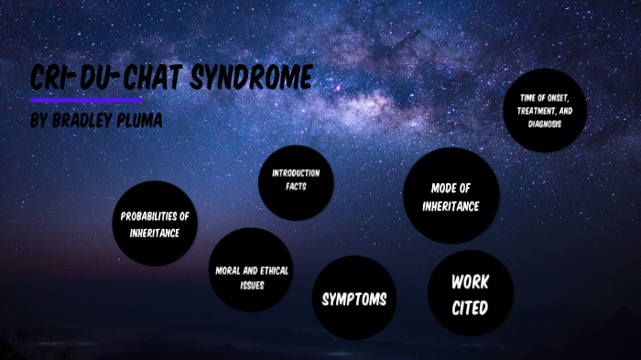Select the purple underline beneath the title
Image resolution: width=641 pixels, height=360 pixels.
click(x=86, y=99)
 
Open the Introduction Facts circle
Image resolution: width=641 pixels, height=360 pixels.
click(x=295, y=180)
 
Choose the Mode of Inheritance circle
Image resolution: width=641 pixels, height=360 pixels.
click(x=451, y=196)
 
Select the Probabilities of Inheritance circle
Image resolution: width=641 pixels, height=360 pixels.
click(x=155, y=224)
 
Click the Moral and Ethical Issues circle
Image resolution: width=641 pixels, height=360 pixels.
click(x=251, y=270)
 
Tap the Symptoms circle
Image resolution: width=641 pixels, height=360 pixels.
click(x=353, y=299)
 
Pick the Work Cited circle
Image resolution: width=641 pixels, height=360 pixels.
click(x=470, y=293)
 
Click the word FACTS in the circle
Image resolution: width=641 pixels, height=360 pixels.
click(x=295, y=186)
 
